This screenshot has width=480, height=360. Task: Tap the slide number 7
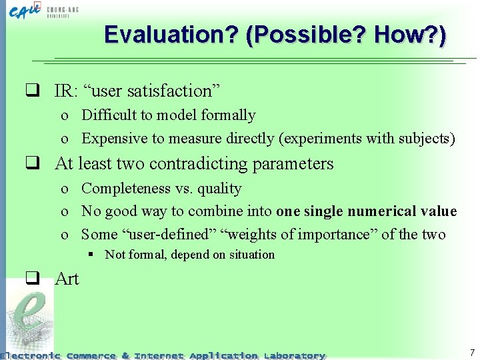point(472,353)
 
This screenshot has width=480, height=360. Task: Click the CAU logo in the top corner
point(27,11)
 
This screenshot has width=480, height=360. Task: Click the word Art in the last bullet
point(67,279)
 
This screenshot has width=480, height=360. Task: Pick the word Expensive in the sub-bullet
point(114,139)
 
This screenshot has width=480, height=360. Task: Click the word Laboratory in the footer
point(294,355)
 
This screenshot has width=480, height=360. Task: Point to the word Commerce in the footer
point(91,355)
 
